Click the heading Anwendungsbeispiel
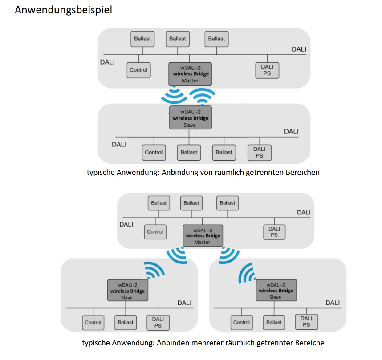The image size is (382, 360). pos(63,10)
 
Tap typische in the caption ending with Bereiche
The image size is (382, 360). pos(96,343)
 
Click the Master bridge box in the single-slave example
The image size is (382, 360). pos(190,74)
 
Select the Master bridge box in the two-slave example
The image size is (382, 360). pos(202,235)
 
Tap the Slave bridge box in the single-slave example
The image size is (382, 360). pos(190,118)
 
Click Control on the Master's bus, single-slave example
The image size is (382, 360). pos(138,70)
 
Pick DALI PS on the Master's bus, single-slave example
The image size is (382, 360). pos(267,70)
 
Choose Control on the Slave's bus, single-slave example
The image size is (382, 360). pos(154,152)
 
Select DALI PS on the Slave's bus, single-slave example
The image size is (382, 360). pos(259,152)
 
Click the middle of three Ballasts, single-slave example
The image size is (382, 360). pos(178,39)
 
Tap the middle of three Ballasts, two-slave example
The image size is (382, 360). pos(191,203)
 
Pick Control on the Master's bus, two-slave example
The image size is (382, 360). pos(155,231)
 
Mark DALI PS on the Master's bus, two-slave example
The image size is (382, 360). pos(274,231)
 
